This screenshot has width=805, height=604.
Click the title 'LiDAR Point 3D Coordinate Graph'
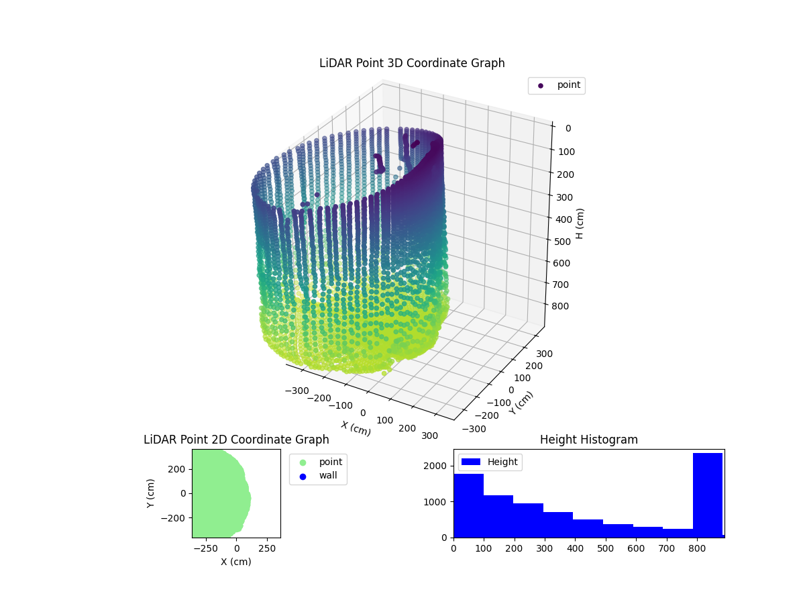click(x=412, y=63)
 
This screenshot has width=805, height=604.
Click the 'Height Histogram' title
click(x=588, y=440)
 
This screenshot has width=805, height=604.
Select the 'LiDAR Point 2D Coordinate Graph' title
click(x=236, y=440)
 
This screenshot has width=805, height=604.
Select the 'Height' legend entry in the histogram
click(x=490, y=462)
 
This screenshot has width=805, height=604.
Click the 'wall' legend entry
click(x=328, y=476)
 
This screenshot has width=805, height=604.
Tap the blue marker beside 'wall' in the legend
click(x=303, y=476)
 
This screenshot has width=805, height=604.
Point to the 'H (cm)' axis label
click(x=580, y=223)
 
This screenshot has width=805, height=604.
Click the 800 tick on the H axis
click(x=563, y=306)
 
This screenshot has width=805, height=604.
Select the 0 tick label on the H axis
click(x=567, y=128)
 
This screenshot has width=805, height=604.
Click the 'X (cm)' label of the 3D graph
click(x=356, y=428)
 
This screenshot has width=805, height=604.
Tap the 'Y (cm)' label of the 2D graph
click(x=152, y=493)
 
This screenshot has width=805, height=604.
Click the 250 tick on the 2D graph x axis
click(x=268, y=548)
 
